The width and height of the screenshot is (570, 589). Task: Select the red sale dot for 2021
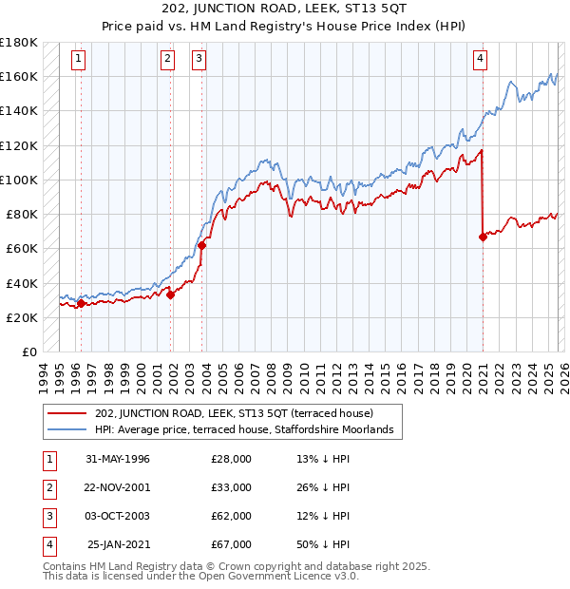click(483, 237)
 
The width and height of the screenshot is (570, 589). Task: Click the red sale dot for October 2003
click(202, 245)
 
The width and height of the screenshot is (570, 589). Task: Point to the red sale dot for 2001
click(171, 294)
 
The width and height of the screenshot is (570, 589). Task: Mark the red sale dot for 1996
click(81, 303)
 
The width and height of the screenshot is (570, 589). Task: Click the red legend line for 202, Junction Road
click(67, 414)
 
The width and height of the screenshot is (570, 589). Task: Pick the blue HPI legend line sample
click(67, 430)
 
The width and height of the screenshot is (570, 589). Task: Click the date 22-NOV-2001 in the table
click(118, 487)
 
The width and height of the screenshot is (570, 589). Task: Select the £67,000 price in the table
click(232, 544)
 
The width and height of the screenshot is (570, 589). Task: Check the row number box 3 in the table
click(47, 516)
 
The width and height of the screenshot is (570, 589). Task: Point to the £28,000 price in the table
click(232, 459)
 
